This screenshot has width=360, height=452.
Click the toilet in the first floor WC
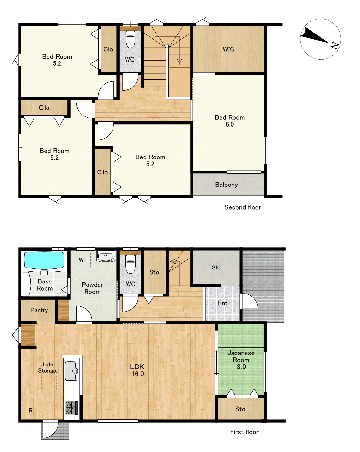pyautogui.click(x=130, y=264)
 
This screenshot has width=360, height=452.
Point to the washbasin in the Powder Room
pyautogui.click(x=106, y=256)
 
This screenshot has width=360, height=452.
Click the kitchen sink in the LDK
pyautogui.click(x=72, y=371)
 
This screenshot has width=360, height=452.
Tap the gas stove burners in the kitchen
pyautogui.click(x=71, y=408)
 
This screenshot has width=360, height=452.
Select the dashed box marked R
pyautogui.click(x=31, y=410)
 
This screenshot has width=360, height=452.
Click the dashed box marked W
pyautogui.click(x=81, y=260)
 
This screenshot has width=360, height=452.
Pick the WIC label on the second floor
pyautogui.click(x=228, y=49)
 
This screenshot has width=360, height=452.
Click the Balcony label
pyautogui.click(x=226, y=185)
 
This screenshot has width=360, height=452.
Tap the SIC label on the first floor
pyautogui.click(x=216, y=267)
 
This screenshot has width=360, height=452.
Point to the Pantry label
pyautogui.click(x=39, y=310)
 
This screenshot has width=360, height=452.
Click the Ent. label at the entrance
pyautogui.click(x=223, y=303)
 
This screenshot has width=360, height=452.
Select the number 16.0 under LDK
pyautogui.click(x=138, y=373)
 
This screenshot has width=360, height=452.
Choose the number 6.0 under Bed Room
pyautogui.click(x=230, y=124)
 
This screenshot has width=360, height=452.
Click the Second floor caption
pyautogui.click(x=243, y=207)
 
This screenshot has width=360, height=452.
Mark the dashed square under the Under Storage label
pyautogui.click(x=49, y=383)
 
